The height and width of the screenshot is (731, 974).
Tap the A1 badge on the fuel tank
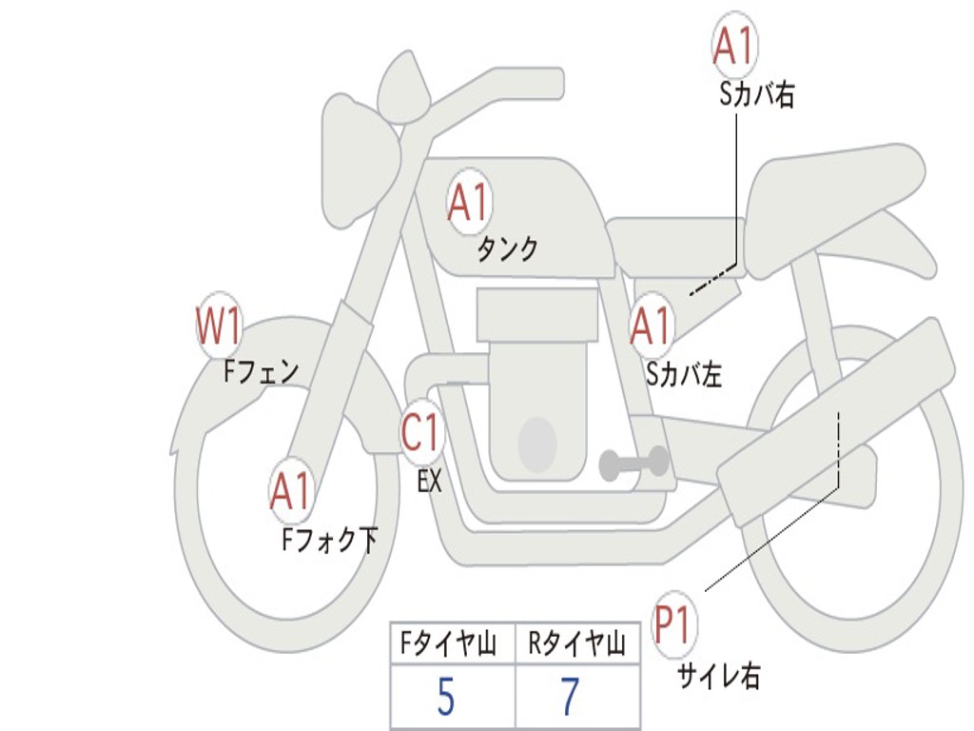coord(470,202)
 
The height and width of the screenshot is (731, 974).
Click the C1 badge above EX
coord(422,432)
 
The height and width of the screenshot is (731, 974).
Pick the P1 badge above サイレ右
coord(672,623)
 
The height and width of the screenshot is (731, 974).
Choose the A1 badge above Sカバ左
coord(652,326)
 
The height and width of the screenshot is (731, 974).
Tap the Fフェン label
coord(262,371)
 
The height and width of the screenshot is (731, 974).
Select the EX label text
coord(429,481)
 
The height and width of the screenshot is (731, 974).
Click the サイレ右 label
coord(719,675)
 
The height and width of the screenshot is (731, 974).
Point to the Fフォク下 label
coord(330,539)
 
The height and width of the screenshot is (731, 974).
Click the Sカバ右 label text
coord(756,94)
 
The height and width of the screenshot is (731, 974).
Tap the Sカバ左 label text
coord(684,374)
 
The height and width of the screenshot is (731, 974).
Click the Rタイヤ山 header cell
coord(577,642)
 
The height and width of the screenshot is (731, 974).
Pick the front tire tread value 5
coord(446,696)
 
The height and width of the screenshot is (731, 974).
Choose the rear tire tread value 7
coord(571,696)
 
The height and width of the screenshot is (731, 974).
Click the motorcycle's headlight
coord(360,163)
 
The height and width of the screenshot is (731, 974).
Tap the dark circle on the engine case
coord(536,444)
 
